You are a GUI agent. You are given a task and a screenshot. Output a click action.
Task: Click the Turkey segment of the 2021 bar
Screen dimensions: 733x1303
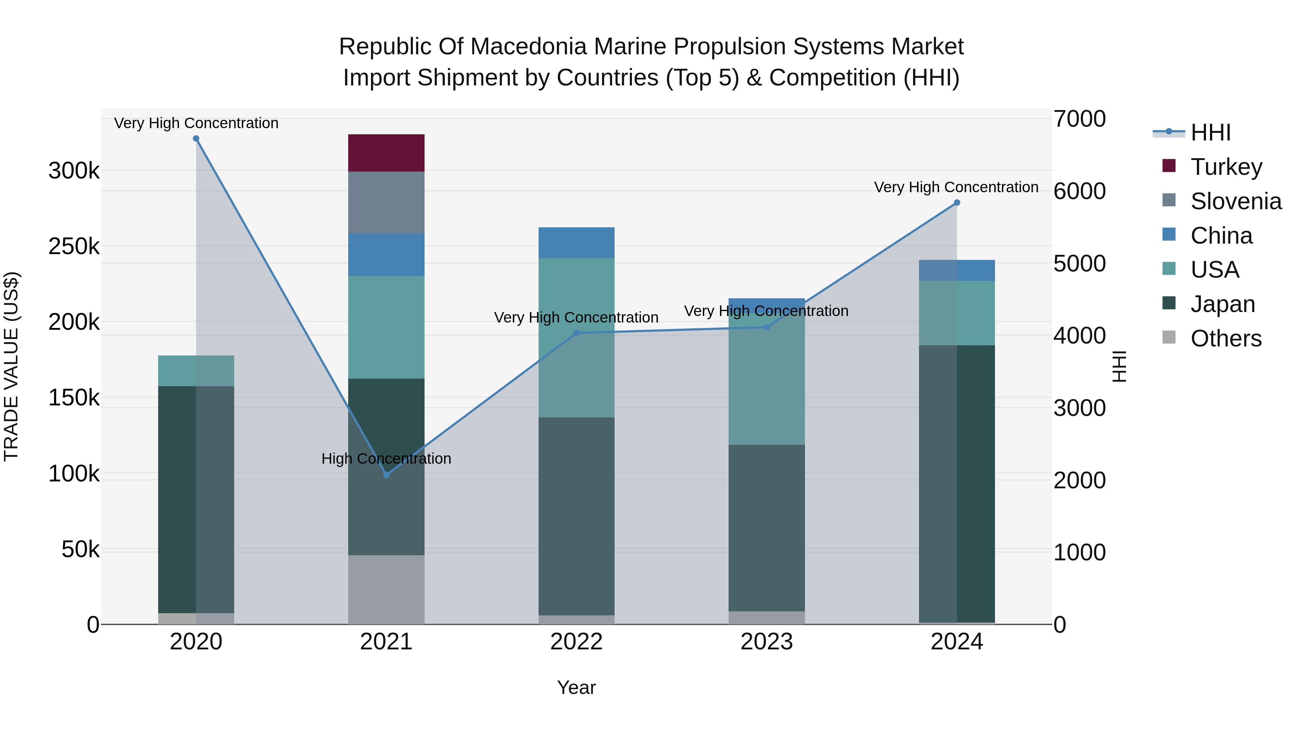pos(386,153)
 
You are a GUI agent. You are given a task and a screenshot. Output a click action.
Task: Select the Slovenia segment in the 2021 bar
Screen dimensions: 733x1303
pos(386,202)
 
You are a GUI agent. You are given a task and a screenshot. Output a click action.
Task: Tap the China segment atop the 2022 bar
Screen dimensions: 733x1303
pos(576,243)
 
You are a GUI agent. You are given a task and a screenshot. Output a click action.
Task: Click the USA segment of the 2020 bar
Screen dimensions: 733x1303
pos(196,371)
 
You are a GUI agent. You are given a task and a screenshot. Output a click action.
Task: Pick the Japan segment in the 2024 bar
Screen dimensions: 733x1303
pos(957,483)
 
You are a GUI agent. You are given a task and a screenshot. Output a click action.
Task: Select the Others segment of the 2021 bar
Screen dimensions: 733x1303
pos(386,589)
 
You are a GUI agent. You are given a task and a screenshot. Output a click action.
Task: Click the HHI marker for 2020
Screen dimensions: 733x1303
pos(196,139)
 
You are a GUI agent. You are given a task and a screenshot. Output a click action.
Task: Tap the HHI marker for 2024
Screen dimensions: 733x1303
pos(957,203)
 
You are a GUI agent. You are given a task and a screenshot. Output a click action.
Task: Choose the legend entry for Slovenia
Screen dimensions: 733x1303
pos(1235,201)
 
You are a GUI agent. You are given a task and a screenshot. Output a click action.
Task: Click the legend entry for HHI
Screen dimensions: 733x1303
pos(1210,132)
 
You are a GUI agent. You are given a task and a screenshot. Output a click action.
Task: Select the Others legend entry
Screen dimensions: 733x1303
pos(1225,338)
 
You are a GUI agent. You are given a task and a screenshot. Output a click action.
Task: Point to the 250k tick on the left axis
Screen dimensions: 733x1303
pos(74,247)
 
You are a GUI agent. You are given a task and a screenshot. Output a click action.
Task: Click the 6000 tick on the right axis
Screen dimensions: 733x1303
pos(1079,191)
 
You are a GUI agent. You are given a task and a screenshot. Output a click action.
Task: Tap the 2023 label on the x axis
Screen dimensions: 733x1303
pos(766,642)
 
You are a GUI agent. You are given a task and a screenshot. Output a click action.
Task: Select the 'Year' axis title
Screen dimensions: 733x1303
pos(576,687)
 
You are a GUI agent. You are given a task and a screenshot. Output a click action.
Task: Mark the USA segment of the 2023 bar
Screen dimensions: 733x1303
pos(766,379)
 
